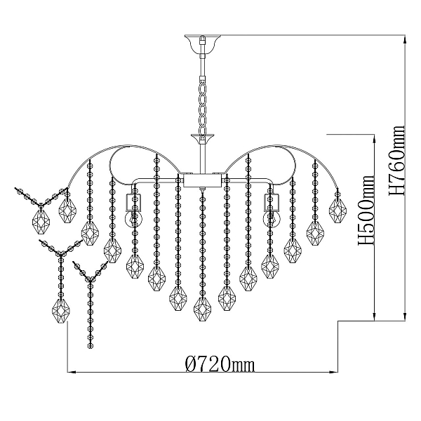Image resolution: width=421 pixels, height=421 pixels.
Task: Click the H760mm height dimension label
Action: [x=396, y=160]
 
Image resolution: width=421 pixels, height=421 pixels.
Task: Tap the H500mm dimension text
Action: [x=366, y=210]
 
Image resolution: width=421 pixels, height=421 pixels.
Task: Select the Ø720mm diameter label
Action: [x=220, y=363]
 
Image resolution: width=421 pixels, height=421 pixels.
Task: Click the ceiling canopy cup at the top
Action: [x=203, y=44]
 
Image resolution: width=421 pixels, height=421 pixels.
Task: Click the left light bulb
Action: [x=131, y=219]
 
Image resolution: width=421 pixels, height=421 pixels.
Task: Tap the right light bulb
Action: [x=272, y=219]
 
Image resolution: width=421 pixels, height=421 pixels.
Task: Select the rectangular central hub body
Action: [x=203, y=180]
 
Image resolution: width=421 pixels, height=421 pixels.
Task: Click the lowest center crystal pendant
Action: [x=203, y=309]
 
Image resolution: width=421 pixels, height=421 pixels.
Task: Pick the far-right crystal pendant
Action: [x=338, y=210]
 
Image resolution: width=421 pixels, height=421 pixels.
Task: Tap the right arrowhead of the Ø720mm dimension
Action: [x=333, y=372]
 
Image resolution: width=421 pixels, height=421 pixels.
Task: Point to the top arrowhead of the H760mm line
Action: [x=405, y=39]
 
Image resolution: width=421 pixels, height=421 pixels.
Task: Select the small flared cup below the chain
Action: [x=203, y=139]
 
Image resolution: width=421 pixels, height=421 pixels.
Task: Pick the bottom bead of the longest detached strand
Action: [x=91, y=346]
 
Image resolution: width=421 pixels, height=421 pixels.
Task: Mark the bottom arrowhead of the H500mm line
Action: [x=374, y=317]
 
